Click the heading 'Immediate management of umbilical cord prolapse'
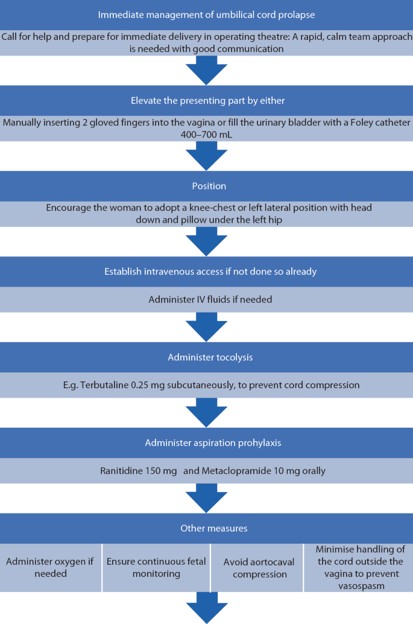(206, 14)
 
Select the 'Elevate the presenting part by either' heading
(208, 100)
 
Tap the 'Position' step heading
(209, 186)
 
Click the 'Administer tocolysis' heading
(210, 357)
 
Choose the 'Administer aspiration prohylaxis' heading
(213, 442)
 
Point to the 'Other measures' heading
(214, 528)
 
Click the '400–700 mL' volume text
(206, 135)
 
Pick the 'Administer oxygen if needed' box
(51, 567)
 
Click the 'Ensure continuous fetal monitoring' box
(156, 567)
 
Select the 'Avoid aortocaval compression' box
(257, 567)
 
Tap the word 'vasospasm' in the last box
(361, 586)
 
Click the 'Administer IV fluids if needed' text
(210, 299)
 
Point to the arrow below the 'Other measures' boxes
(207, 607)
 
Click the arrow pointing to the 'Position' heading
(207, 156)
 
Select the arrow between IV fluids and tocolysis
(207, 326)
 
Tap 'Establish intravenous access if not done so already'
(210, 272)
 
